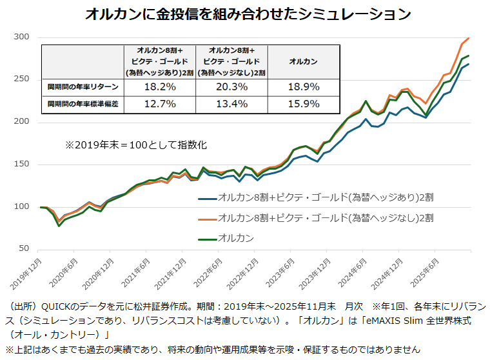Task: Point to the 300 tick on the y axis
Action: tap(22, 37)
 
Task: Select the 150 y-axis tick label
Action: tap(22, 165)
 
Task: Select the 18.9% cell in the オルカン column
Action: tap(303, 86)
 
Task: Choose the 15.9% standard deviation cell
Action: tap(303, 103)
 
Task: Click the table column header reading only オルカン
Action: tap(303, 61)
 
